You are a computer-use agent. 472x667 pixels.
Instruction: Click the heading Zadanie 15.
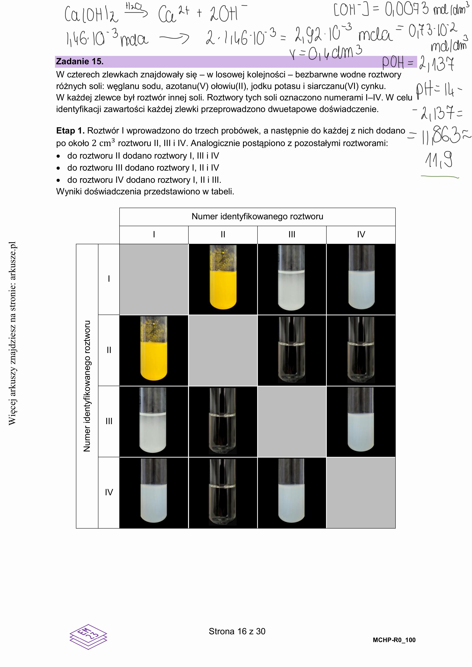click(x=80, y=61)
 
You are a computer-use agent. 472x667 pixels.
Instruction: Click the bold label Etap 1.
click(x=70, y=131)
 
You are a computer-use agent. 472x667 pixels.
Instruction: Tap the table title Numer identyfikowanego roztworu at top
click(x=257, y=216)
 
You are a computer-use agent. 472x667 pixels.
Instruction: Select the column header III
click(x=292, y=235)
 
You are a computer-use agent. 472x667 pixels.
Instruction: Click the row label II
click(x=109, y=350)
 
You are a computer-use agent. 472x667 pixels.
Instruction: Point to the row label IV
click(x=109, y=492)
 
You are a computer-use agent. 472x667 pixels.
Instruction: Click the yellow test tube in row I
click(x=223, y=279)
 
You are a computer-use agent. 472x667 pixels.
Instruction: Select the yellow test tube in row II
click(x=154, y=350)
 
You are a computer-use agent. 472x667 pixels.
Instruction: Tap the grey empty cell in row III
click(x=292, y=421)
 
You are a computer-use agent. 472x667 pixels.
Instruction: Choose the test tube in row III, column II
click(x=223, y=421)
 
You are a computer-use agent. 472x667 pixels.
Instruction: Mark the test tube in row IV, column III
click(x=292, y=492)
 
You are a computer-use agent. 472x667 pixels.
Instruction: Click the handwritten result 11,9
click(x=439, y=160)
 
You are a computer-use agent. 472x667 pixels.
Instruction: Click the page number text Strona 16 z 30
click(x=237, y=631)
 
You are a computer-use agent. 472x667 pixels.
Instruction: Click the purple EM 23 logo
click(x=88, y=637)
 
